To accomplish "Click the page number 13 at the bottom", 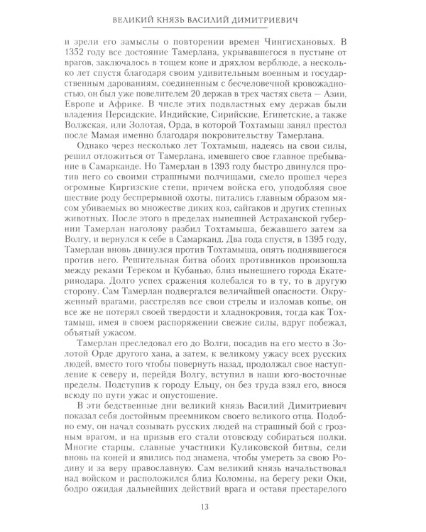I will (x=212, y=506).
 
